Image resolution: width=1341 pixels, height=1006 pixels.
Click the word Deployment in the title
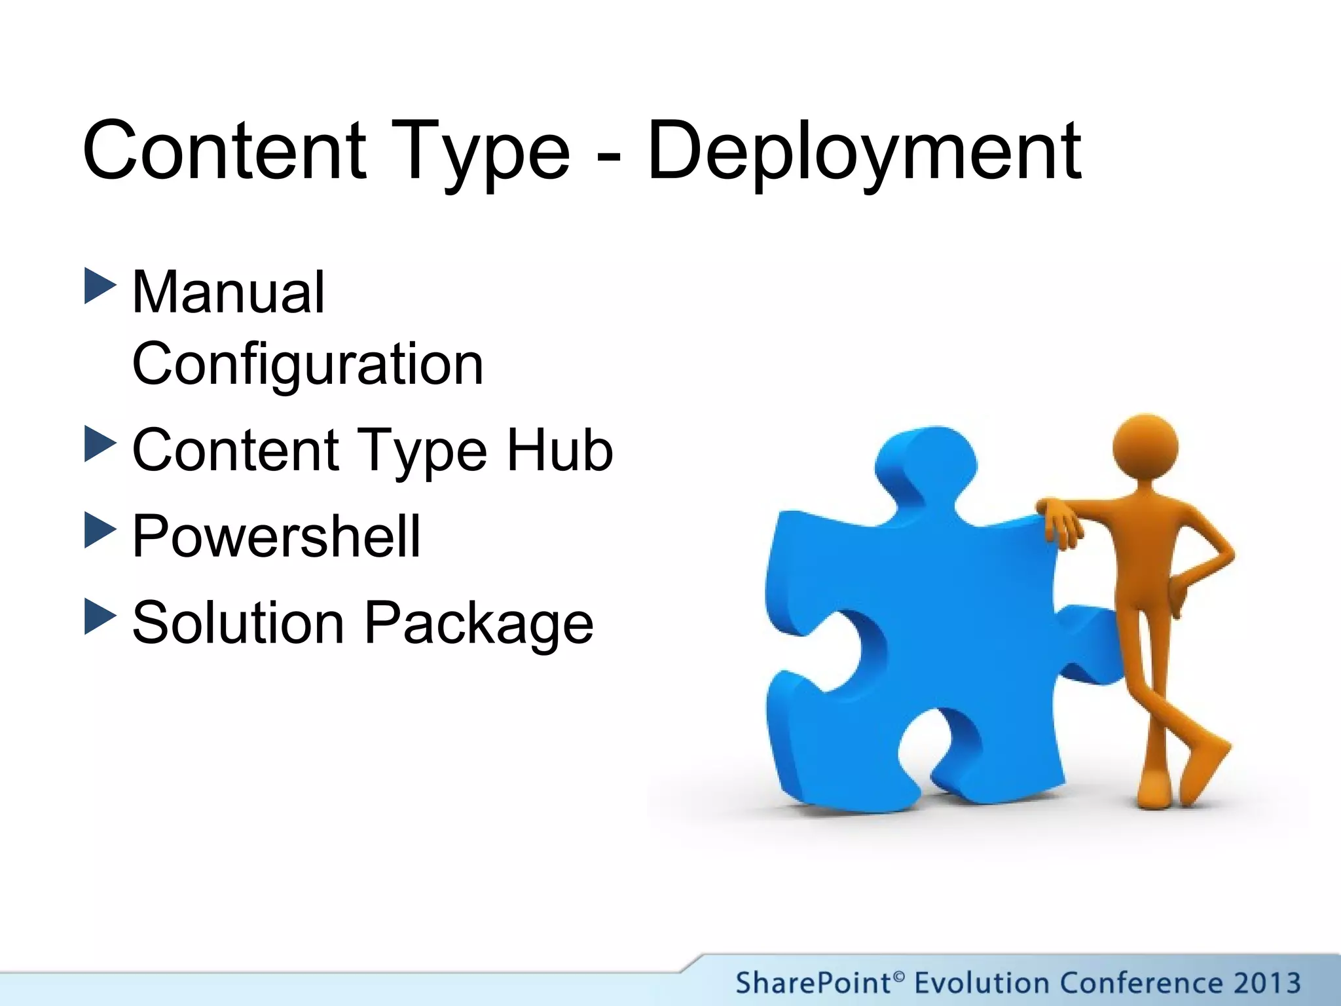(x=864, y=152)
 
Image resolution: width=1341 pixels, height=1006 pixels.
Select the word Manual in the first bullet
(x=228, y=293)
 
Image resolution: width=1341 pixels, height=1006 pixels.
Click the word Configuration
(x=308, y=364)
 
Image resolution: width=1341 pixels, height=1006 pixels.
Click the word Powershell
(x=276, y=536)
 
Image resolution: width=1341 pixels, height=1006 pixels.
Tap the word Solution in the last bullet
(x=238, y=623)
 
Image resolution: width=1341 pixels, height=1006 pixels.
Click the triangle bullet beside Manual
(x=100, y=286)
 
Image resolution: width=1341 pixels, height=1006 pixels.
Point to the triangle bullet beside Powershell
(x=100, y=530)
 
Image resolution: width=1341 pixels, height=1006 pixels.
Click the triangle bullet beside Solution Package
(x=100, y=616)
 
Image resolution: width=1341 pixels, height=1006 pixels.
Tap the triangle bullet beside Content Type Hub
(x=100, y=444)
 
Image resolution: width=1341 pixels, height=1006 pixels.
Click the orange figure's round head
(x=1145, y=447)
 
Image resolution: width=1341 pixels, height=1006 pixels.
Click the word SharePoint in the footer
(x=813, y=983)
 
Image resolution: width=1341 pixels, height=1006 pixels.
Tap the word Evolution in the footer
(x=982, y=983)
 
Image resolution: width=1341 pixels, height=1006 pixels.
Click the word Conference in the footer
(x=1141, y=983)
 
